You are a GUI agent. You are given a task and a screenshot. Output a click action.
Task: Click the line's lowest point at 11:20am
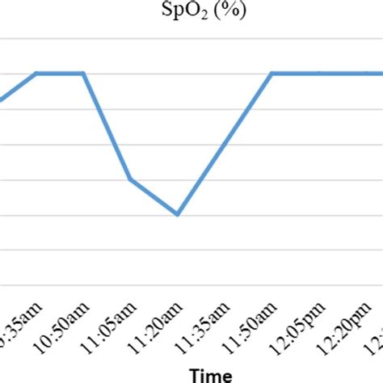point(177,214)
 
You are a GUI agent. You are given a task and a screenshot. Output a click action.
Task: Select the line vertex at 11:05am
point(130,179)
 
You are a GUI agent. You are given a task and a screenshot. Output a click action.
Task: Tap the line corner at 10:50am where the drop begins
point(84,74)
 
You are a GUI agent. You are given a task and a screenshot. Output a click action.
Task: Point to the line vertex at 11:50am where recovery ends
point(271,74)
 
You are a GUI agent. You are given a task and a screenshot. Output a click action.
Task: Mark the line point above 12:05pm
point(318,74)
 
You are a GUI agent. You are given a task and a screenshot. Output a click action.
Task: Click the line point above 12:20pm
point(365,74)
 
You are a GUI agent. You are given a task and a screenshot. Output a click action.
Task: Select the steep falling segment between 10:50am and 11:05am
point(107,126)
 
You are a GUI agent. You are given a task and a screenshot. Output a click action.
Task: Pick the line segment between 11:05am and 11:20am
point(154,197)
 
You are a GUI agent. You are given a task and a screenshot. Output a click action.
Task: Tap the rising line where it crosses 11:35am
point(225,144)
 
